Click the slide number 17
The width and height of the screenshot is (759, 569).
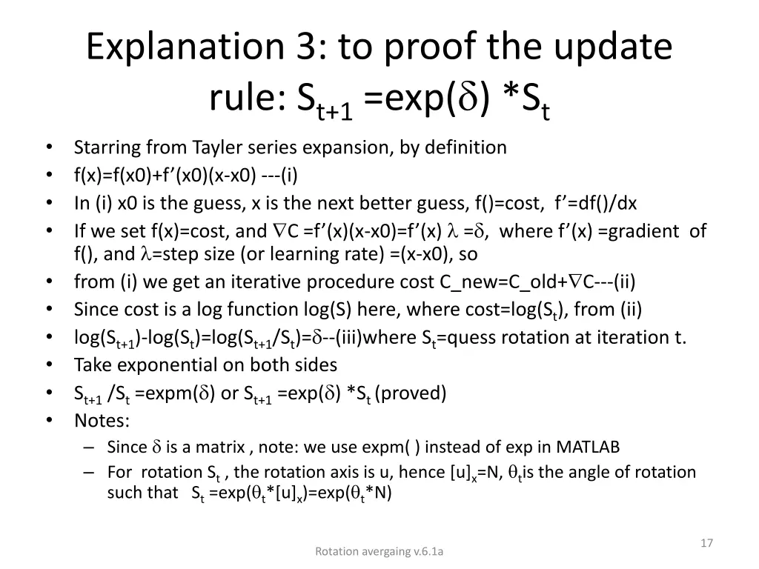coord(706,543)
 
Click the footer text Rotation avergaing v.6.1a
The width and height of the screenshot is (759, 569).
coord(379,550)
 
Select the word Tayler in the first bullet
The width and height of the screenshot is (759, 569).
coord(220,147)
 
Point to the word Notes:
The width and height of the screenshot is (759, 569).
coord(102,421)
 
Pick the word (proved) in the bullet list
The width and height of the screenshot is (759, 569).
coord(411,393)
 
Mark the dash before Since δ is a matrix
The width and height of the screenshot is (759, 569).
coord(89,447)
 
